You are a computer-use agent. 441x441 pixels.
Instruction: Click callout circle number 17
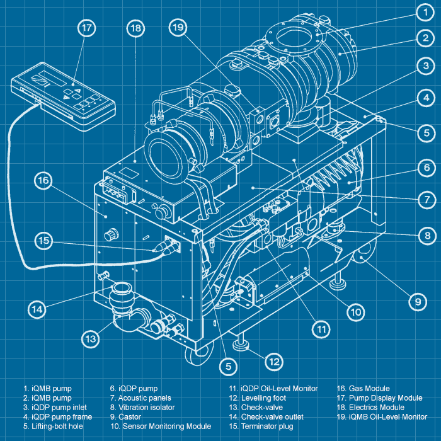pos(87,28)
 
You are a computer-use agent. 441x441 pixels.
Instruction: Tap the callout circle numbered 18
pos(135,28)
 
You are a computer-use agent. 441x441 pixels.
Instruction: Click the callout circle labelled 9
pos(416,302)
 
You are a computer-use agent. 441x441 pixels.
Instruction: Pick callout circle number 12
pos(272,362)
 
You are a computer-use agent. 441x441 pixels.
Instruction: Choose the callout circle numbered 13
pos(91,338)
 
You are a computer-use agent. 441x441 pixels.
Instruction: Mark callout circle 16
pos(43,181)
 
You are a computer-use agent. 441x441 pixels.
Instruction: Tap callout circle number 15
pos(43,240)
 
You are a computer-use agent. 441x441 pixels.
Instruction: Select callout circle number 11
pos(322,329)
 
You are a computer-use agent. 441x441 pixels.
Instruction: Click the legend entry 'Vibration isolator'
pos(140,408)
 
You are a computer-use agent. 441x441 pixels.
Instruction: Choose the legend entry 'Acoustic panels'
pos(140,398)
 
